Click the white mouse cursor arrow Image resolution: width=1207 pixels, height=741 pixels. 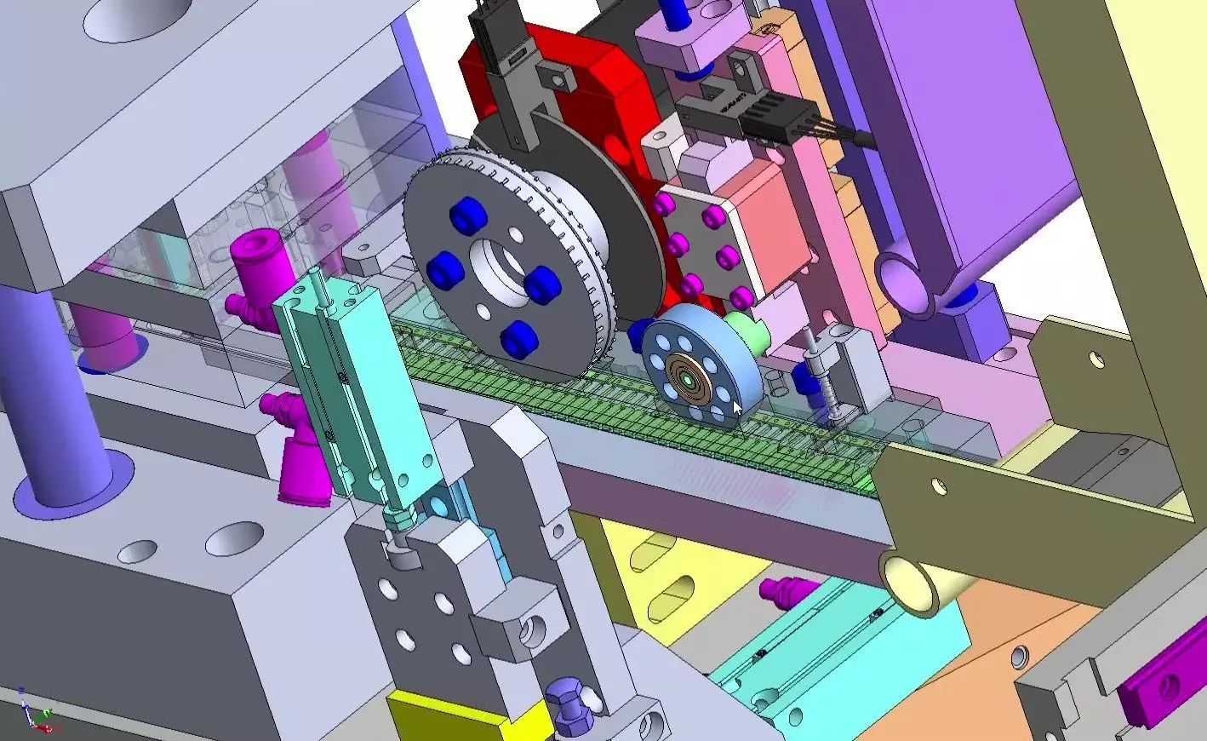click(738, 410)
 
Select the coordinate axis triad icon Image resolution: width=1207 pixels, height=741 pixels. click(35, 711)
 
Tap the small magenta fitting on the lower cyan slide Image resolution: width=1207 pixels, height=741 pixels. click(781, 588)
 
